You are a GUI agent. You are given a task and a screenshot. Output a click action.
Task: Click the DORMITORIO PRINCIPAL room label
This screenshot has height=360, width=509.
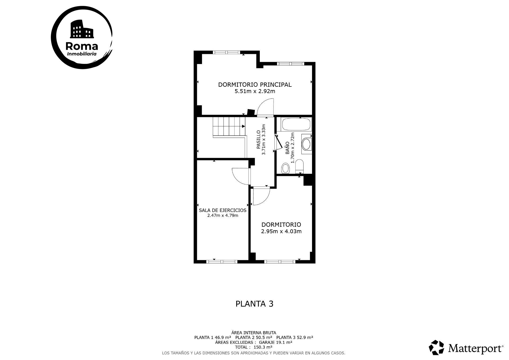click(254, 85)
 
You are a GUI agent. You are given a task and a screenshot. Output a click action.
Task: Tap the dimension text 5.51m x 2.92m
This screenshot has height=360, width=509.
click(254, 91)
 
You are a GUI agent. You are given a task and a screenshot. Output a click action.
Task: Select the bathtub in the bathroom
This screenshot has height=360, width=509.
click(296, 124)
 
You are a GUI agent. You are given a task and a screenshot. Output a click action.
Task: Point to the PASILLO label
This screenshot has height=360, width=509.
click(258, 139)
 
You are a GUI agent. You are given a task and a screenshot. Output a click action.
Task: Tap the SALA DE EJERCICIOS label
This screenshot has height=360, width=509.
click(222, 210)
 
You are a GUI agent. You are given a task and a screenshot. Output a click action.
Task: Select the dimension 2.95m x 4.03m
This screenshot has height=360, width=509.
click(281, 231)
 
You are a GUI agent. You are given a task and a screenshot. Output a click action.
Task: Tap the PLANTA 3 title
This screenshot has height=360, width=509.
click(254, 304)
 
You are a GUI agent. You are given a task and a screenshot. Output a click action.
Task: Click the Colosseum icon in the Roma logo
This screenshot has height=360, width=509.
click(82, 29)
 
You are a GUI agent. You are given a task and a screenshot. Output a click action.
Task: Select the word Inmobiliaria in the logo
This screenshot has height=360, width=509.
click(82, 54)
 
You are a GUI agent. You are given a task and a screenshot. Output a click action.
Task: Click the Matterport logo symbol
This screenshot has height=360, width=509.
click(436, 347)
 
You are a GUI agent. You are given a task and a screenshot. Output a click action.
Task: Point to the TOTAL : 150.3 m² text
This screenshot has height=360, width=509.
click(253, 347)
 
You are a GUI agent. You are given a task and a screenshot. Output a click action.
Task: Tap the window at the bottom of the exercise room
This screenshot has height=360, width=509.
click(222, 262)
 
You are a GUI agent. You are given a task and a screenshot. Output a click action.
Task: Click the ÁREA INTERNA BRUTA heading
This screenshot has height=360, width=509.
click(253, 333)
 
